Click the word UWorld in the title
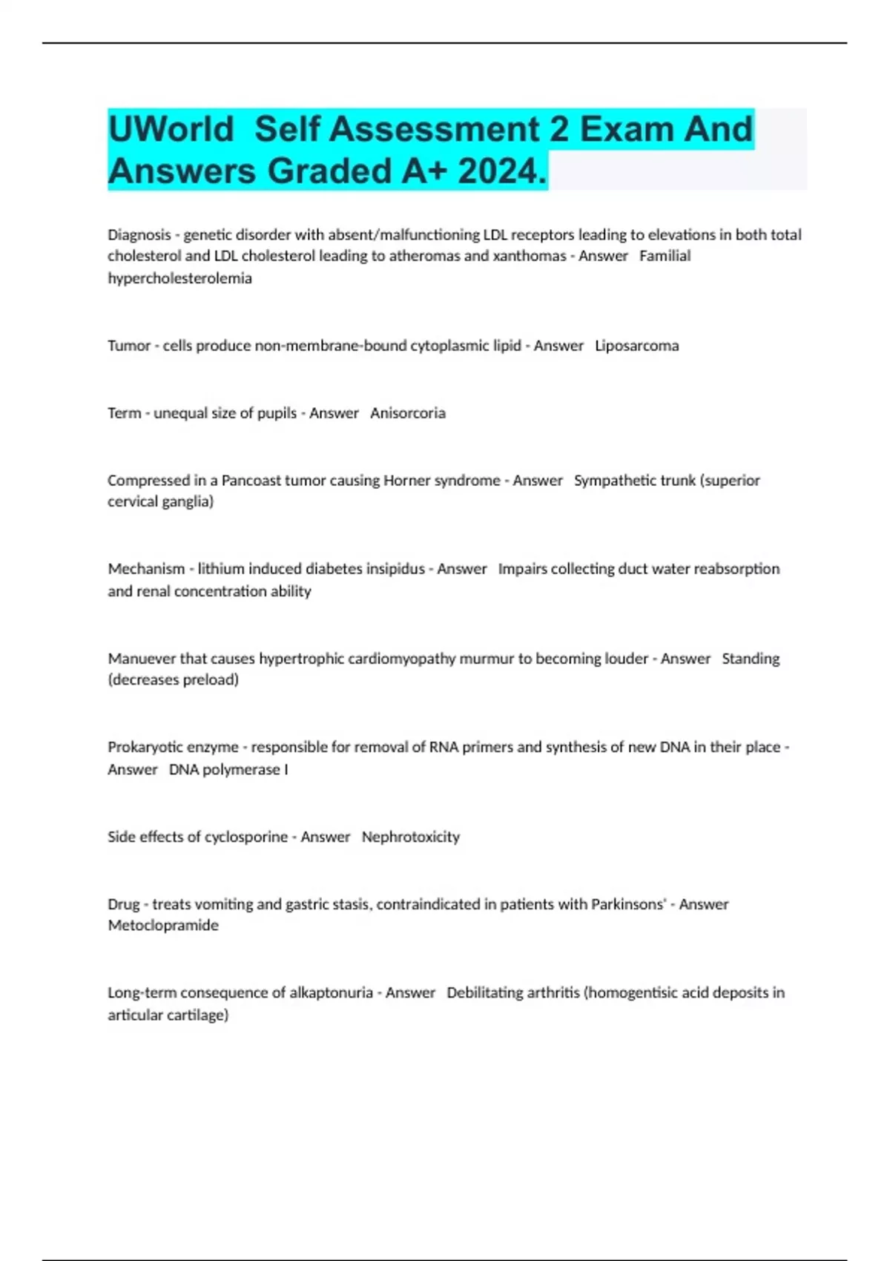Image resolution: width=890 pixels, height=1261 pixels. point(171,129)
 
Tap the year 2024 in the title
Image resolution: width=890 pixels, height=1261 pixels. point(501,171)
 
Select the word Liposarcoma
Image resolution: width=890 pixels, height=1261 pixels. point(636,346)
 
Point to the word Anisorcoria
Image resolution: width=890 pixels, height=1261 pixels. point(408,413)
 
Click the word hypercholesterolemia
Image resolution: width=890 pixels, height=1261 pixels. point(179,278)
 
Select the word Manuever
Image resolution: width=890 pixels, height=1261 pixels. point(142,659)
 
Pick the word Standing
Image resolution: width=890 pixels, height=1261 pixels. point(751,659)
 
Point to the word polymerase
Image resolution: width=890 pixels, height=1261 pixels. point(240,770)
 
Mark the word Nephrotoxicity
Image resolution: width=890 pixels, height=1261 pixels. point(411,837)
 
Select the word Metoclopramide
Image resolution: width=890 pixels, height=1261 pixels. point(163,926)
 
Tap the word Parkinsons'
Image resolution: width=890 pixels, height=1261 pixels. point(628,904)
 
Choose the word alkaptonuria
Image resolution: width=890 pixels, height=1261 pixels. point(331,992)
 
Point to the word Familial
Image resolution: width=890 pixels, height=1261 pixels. point(665,256)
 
